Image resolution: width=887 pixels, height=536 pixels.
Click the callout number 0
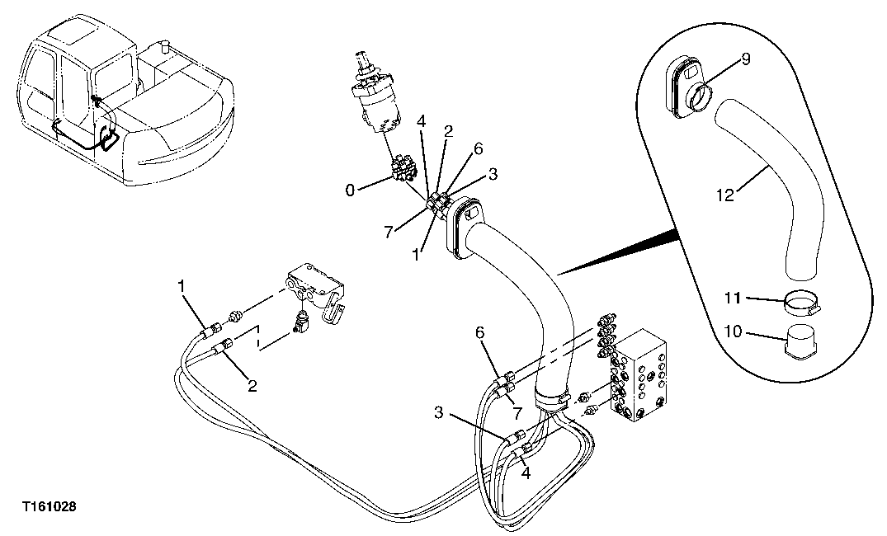click(x=350, y=190)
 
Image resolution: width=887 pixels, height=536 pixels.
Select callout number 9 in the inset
click(x=745, y=59)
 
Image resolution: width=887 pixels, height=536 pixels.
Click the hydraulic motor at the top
click(x=379, y=100)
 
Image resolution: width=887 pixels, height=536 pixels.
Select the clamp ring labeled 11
click(x=802, y=304)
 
